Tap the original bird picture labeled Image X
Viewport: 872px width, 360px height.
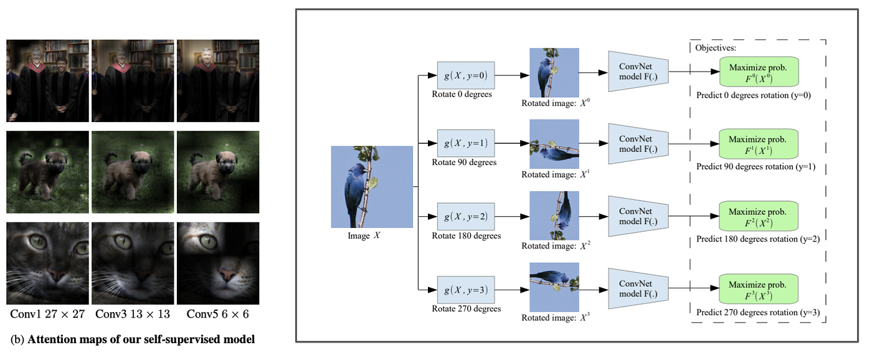(372, 187)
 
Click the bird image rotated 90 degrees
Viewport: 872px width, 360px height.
(554, 144)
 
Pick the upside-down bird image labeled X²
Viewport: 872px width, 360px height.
(554, 216)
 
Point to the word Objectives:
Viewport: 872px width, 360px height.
(716, 47)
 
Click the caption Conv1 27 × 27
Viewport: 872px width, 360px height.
(47, 314)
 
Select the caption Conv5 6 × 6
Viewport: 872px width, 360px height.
(217, 314)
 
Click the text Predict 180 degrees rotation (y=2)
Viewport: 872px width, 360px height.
(756, 239)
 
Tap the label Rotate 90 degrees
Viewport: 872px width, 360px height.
(464, 163)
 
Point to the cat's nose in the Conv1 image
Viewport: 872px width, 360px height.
(55, 274)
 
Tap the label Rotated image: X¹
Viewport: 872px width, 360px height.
(554, 175)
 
